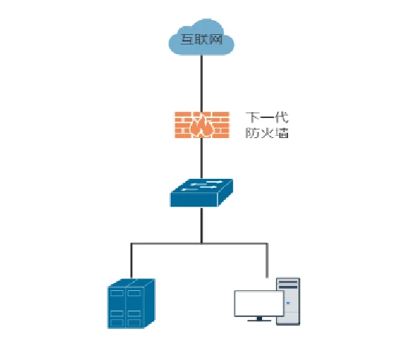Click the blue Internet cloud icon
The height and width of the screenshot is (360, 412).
pyautogui.click(x=201, y=37)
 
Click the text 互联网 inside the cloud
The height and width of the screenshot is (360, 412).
pyautogui.click(x=201, y=39)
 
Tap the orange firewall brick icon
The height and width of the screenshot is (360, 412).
pyautogui.click(x=202, y=125)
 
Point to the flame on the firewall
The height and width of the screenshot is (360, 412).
pyautogui.click(x=202, y=125)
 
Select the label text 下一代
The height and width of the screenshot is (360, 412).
pyautogui.click(x=267, y=117)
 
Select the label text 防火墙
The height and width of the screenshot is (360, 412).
pyautogui.click(x=267, y=133)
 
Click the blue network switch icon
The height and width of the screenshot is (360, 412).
pyautogui.click(x=201, y=193)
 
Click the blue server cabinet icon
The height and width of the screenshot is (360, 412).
pyautogui.click(x=131, y=304)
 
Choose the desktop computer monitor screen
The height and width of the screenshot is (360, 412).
pyautogui.click(x=259, y=304)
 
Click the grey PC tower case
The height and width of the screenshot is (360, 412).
pyautogui.click(x=288, y=301)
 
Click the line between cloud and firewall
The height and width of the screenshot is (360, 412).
pyautogui.click(x=201, y=83)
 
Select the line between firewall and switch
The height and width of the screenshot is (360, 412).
pyautogui.click(x=201, y=158)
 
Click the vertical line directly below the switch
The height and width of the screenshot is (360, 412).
pyautogui.click(x=201, y=225)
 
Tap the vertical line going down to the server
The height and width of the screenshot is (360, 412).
pyautogui.click(x=131, y=261)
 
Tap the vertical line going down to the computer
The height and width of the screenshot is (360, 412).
pyautogui.click(x=267, y=261)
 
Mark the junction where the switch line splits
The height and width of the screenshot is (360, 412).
pyautogui.click(x=201, y=243)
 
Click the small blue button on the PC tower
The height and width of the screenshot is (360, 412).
pyautogui.click(x=288, y=303)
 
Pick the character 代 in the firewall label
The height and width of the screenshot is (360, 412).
pyautogui.click(x=281, y=117)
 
